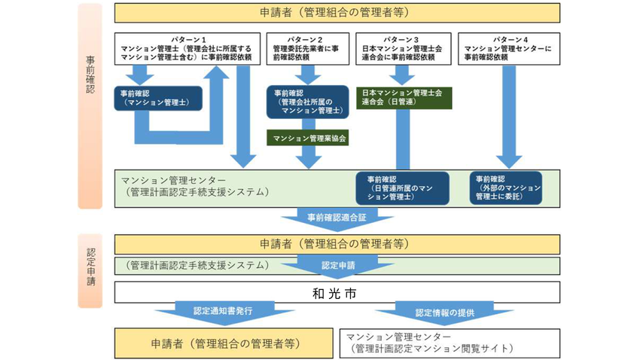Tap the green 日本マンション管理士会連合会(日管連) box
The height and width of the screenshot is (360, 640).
[402, 97]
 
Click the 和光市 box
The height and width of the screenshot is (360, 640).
[337, 292]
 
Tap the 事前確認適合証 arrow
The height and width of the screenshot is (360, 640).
[337, 217]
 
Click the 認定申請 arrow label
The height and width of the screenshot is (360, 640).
[337, 266]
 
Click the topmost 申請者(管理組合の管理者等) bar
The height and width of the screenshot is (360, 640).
[337, 13]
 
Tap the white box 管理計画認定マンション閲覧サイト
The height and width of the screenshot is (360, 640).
[450, 342]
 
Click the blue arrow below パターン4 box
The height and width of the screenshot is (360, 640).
[509, 121]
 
